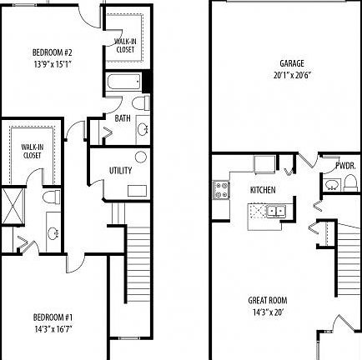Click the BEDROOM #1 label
[53, 317]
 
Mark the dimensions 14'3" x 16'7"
[53, 327]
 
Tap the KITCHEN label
[263, 190]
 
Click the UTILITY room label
[120, 171]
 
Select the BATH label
[123, 119]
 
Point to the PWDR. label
[346, 166]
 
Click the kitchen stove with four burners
[222, 190]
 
